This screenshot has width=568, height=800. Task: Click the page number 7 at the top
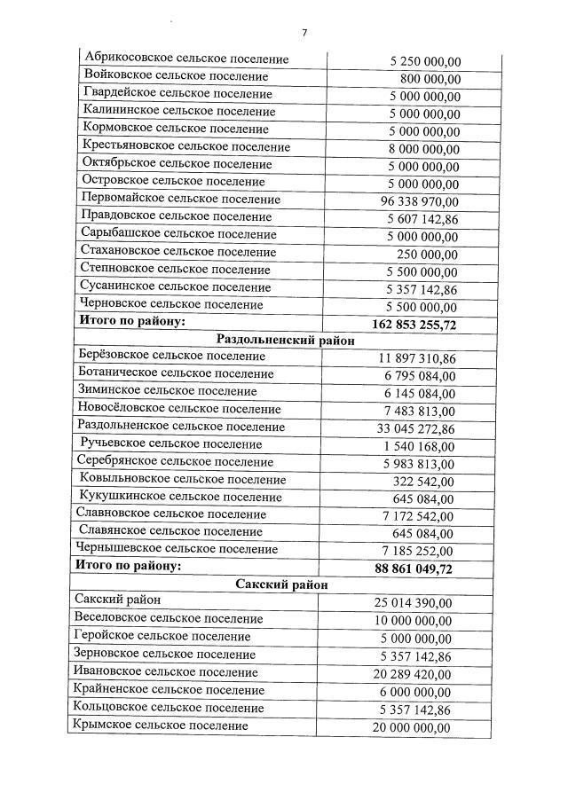[304, 32]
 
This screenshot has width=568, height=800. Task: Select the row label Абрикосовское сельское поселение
[185, 59]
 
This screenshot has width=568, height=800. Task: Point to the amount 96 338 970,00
[419, 201]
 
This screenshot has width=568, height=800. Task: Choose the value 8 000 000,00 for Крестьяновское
[424, 148]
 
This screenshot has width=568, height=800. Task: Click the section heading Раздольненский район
[285, 341]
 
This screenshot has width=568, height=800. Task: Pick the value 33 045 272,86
[417, 428]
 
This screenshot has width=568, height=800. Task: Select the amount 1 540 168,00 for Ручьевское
[419, 446]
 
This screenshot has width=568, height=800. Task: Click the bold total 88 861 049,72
[414, 568]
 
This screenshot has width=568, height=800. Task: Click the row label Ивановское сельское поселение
[167, 673]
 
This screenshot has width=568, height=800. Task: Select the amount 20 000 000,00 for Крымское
[412, 727]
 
